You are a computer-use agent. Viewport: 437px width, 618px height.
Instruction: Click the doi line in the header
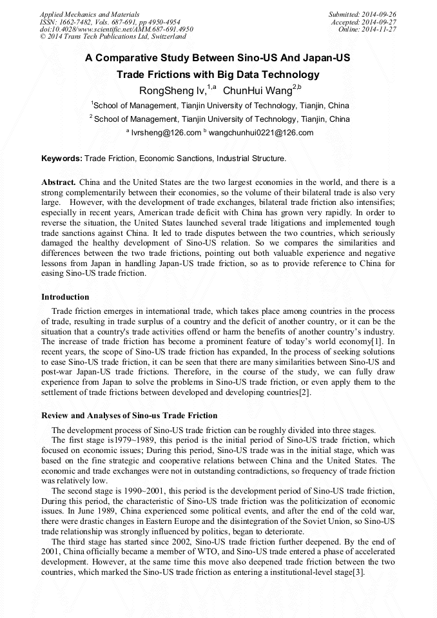point(116,29)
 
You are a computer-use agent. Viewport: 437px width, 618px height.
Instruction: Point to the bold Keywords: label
point(62,158)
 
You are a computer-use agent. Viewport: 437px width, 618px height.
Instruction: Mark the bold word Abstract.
point(59,183)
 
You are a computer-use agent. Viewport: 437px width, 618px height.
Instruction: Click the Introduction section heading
point(65,297)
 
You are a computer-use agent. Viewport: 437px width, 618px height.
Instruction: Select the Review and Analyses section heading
point(129,415)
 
